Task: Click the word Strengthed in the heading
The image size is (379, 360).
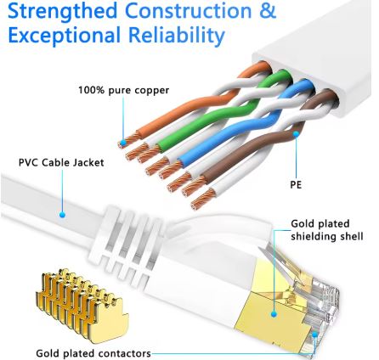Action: click(x=61, y=11)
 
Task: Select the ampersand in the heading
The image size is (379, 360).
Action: click(x=268, y=11)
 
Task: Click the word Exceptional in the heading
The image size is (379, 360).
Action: click(x=65, y=36)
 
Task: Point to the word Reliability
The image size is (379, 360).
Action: click(x=177, y=37)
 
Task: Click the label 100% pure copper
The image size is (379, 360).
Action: click(x=123, y=90)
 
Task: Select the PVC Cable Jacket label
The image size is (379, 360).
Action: click(x=61, y=162)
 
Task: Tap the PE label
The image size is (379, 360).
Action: click(x=296, y=183)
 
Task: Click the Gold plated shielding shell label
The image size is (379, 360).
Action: click(x=326, y=230)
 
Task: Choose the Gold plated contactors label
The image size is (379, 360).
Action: click(x=93, y=352)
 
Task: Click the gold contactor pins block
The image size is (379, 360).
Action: click(x=75, y=297)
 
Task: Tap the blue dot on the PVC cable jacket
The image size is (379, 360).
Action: click(x=62, y=215)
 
